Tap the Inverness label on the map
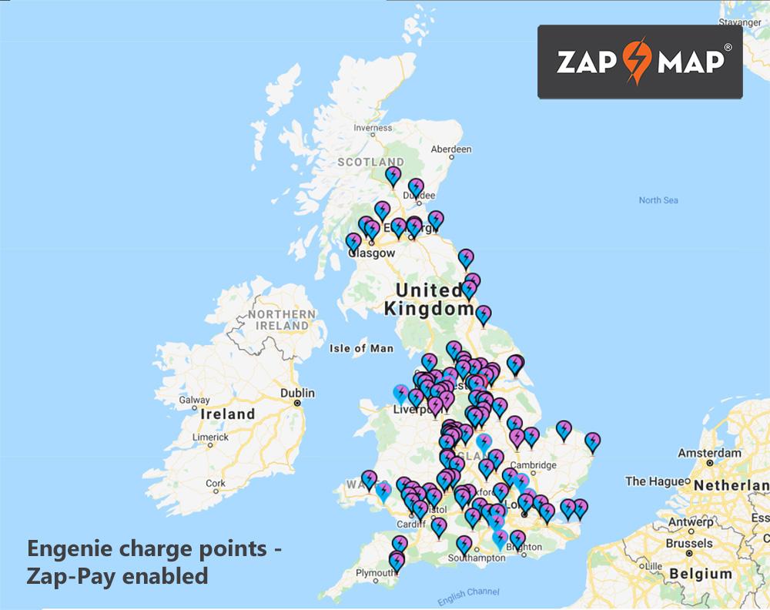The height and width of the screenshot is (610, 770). click(372, 129)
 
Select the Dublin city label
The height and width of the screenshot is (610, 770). click(297, 393)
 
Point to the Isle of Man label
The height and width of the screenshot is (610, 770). click(361, 348)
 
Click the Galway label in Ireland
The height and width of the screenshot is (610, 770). click(194, 400)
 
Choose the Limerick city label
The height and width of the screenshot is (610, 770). click(211, 437)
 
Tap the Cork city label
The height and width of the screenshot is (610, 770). click(216, 484)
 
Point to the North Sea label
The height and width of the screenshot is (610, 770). click(658, 200)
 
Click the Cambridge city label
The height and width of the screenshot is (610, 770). click(533, 465)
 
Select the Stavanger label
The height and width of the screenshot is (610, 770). click(739, 22)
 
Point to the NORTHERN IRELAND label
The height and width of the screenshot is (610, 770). click(282, 320)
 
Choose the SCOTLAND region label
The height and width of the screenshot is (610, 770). click(370, 162)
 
